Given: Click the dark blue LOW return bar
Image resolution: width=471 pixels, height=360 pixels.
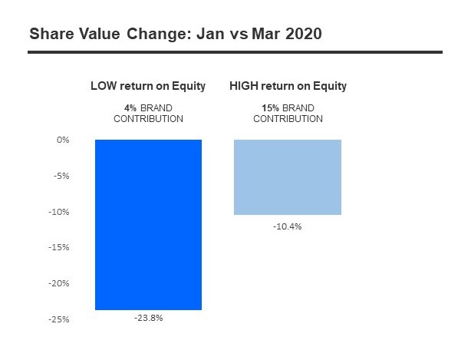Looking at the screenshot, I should coord(148,224).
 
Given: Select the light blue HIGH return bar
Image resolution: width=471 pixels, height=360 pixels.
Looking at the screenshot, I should coord(288,177).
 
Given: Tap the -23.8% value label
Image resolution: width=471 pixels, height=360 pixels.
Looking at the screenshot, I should coord(148,318).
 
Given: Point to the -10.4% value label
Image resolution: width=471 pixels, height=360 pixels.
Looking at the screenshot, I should coord(288,226).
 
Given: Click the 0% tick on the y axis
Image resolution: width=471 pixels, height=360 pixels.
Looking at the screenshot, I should coord(63,140).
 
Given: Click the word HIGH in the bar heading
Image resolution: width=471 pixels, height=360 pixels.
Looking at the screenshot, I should coord(245,86).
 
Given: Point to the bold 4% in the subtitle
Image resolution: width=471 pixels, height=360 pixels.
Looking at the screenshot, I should coord(129,107).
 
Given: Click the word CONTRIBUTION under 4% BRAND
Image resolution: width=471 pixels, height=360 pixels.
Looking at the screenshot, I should coord(148,119).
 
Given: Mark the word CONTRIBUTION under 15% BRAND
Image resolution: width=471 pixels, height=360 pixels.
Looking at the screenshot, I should coord(288,119).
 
